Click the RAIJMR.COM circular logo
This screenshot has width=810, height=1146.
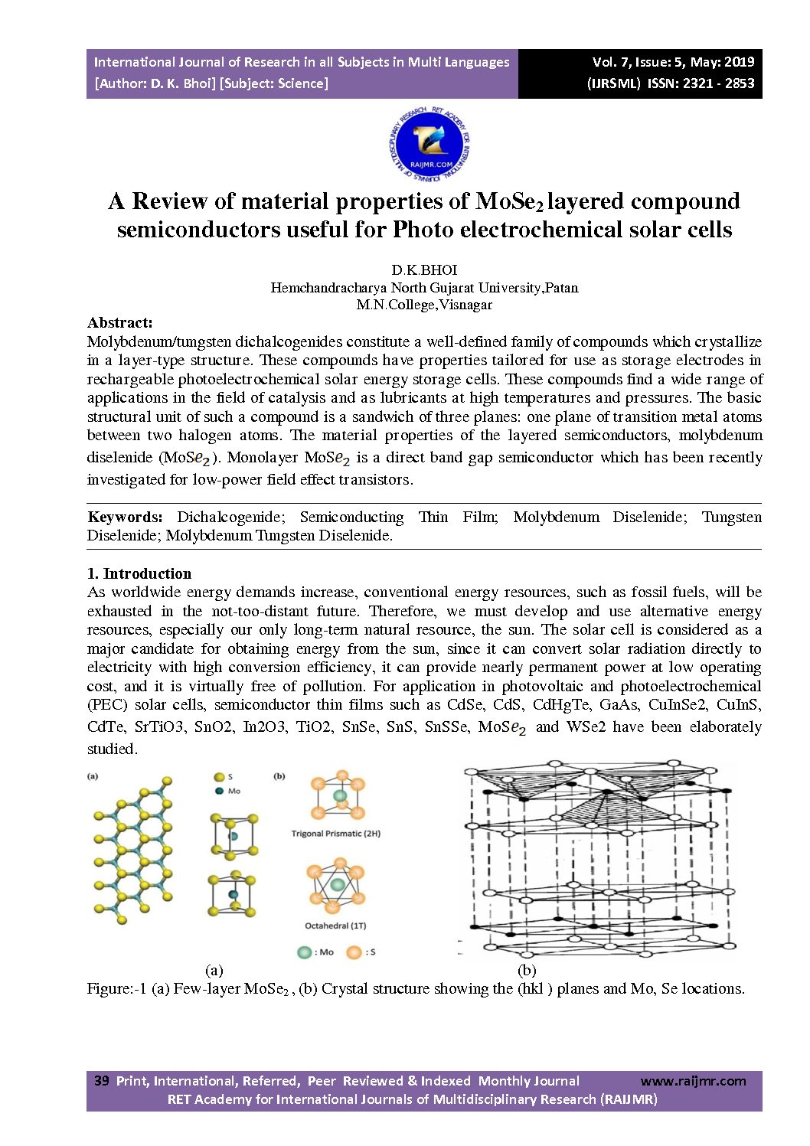click(x=429, y=145)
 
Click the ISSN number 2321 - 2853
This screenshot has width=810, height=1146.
click(x=721, y=83)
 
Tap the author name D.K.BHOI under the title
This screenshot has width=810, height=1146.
click(x=424, y=269)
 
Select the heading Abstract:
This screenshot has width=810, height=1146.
click(x=120, y=322)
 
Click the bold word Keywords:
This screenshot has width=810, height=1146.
click(x=125, y=517)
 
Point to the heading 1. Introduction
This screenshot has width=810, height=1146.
click(x=139, y=573)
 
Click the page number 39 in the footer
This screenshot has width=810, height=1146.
click(x=101, y=1081)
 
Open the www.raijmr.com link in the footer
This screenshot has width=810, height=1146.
click(x=693, y=1081)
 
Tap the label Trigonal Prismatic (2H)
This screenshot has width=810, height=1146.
click(x=335, y=834)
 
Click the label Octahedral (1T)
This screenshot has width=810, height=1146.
click(x=335, y=926)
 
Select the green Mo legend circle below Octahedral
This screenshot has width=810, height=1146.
click(x=304, y=952)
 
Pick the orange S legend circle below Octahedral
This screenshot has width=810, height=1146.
click(x=353, y=952)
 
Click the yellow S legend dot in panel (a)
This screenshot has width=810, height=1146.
click(x=220, y=777)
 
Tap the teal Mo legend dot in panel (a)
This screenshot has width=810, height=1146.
click(x=220, y=791)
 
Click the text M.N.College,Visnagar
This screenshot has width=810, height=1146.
click(x=424, y=304)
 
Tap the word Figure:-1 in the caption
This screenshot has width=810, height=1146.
click(x=116, y=988)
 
